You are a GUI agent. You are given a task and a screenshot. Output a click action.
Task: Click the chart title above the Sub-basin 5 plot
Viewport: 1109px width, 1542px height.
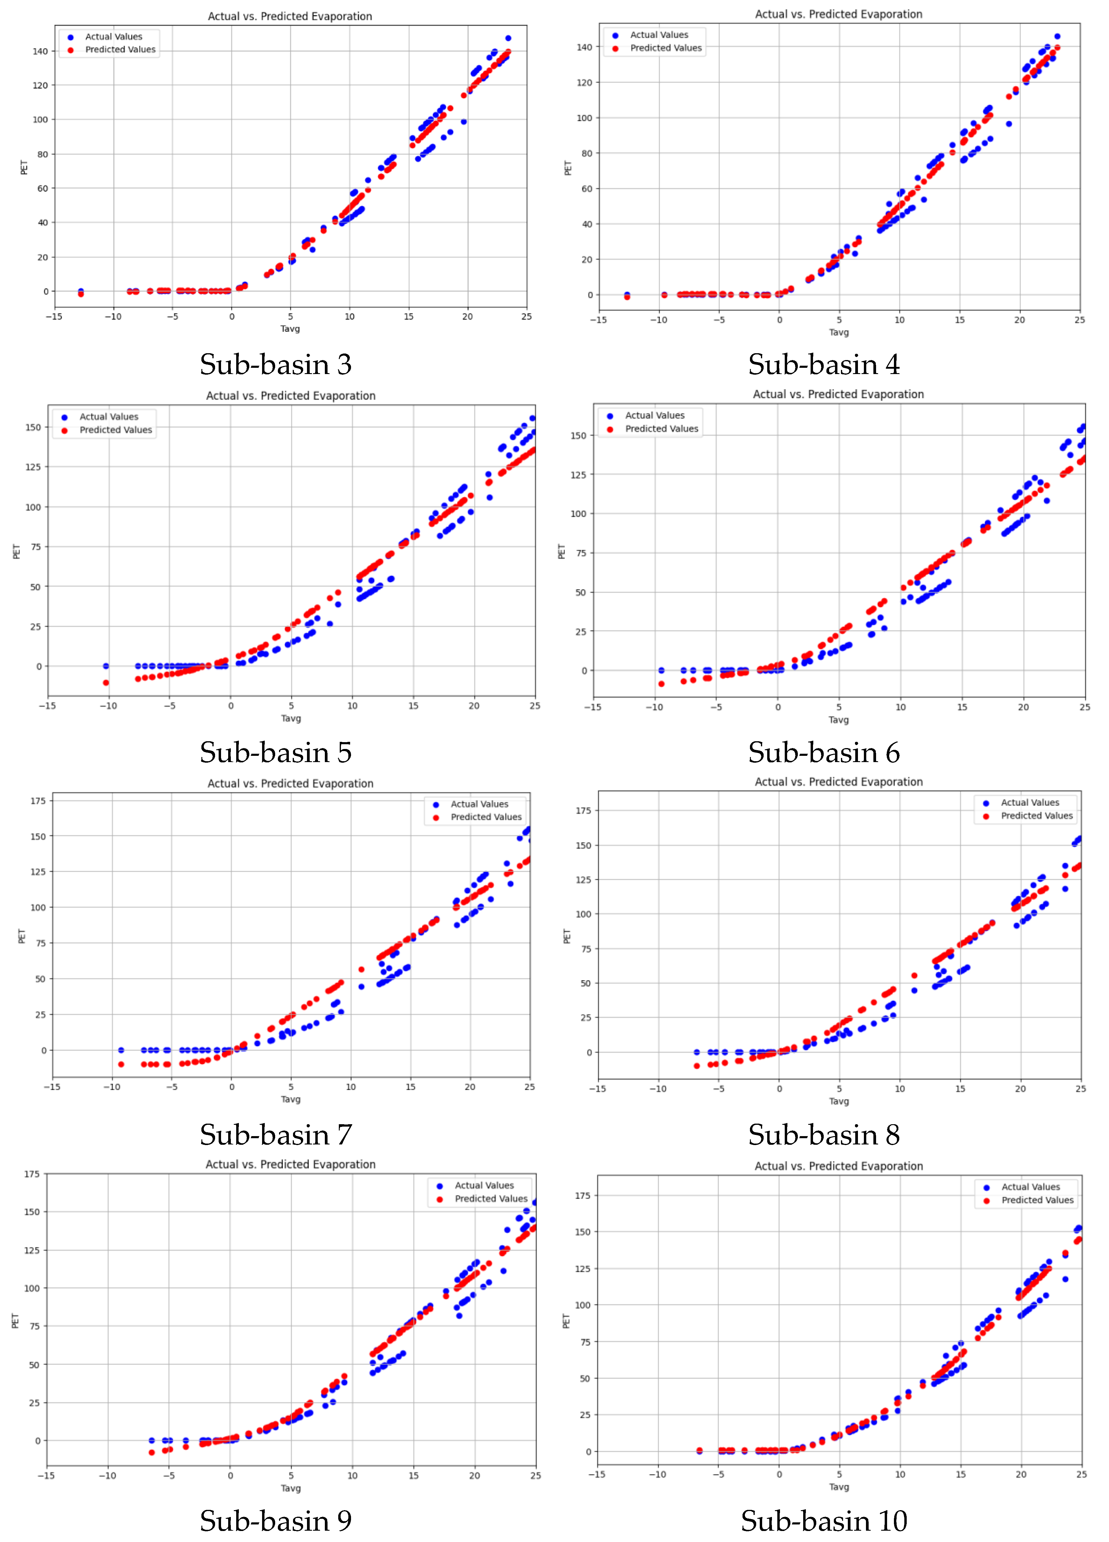click(291, 396)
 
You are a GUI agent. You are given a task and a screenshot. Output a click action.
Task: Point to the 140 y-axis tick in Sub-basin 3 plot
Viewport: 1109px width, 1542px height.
click(40, 51)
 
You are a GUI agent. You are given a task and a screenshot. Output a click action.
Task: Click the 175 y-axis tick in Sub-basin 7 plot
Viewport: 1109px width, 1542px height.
click(38, 801)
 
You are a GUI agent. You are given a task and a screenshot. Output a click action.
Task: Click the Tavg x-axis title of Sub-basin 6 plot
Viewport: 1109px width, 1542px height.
click(839, 720)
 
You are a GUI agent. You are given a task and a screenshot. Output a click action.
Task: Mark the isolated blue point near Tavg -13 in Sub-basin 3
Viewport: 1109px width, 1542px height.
click(81, 291)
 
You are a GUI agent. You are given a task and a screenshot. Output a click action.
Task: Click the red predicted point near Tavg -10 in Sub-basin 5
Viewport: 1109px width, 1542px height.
click(106, 683)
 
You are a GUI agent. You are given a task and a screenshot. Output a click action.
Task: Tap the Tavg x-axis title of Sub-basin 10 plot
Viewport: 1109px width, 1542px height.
click(839, 1487)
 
